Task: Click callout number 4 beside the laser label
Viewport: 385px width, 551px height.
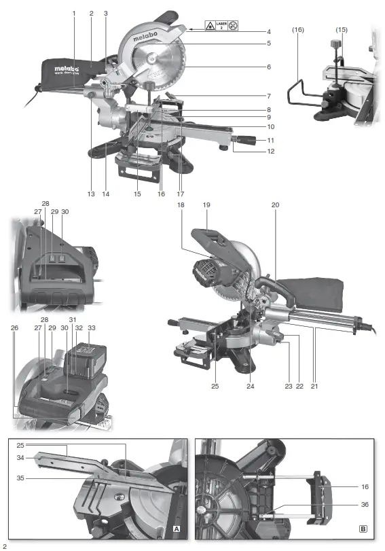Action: click(269, 31)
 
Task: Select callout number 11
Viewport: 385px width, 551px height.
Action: click(270, 140)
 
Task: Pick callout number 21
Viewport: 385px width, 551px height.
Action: click(314, 387)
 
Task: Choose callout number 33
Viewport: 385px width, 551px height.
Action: click(92, 327)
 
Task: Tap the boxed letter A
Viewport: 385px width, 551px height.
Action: click(176, 528)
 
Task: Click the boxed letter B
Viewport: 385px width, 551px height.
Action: click(363, 528)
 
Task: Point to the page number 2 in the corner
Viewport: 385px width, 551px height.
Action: click(5, 545)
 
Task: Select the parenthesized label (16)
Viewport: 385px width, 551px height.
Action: click(298, 31)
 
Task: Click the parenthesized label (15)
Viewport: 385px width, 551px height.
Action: click(342, 31)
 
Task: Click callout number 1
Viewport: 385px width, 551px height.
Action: click(74, 13)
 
